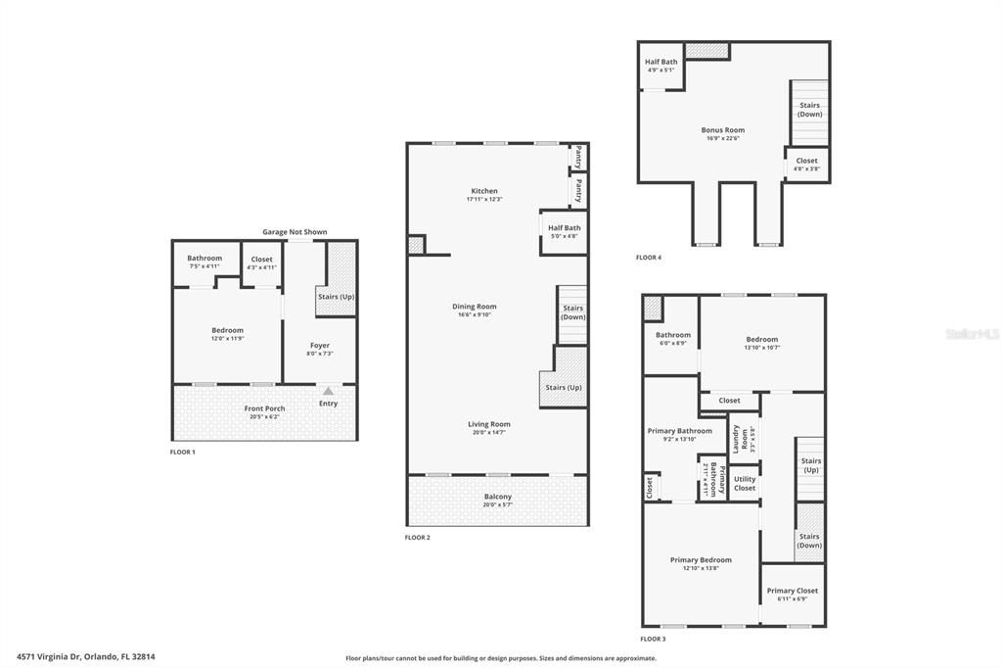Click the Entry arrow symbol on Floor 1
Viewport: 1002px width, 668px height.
328,391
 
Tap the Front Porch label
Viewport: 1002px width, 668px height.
264,408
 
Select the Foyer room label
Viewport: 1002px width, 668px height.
320,345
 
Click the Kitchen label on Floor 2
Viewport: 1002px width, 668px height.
484,191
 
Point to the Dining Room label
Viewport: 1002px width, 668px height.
475,307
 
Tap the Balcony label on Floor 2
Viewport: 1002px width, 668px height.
498,497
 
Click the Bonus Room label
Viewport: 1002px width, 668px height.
722,130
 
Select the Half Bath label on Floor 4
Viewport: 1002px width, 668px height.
660,62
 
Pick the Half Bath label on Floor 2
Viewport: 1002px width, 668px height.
563,227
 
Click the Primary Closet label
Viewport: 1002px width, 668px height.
792,591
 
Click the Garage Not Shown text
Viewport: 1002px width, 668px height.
295,232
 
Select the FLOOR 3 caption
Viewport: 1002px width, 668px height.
653,639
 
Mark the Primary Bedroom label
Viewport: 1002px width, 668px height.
701,560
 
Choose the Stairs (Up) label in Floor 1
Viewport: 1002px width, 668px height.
336,295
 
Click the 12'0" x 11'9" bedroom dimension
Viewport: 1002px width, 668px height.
227,338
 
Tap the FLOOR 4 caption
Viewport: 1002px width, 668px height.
648,258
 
